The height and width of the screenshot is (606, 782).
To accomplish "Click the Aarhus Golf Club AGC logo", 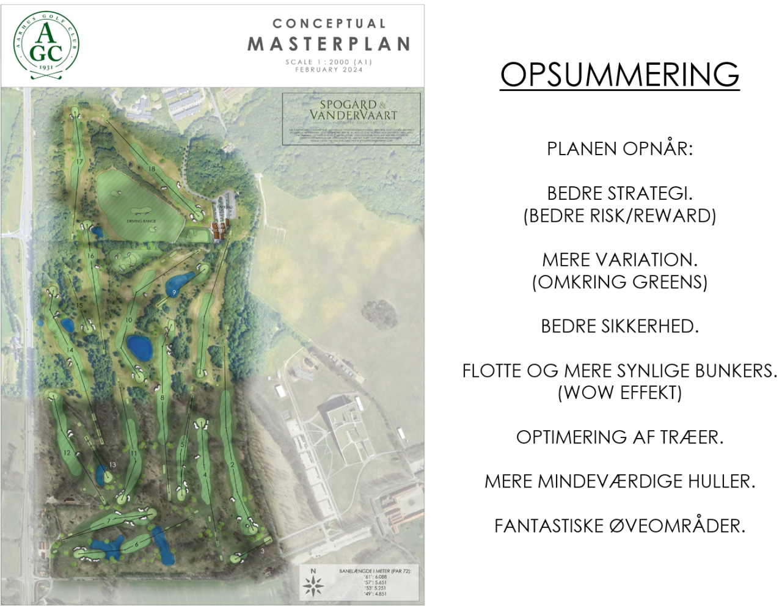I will coord(46,46).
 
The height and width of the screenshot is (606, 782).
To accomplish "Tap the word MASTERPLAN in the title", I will coord(329,44).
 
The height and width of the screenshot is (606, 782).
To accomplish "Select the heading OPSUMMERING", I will coord(619,75).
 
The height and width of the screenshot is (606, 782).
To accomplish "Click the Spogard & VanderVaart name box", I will coord(351,119).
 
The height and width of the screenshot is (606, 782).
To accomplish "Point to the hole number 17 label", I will coord(79,161).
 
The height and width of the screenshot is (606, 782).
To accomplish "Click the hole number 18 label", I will coord(152,169).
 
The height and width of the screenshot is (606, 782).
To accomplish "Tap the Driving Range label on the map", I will coord(141,221).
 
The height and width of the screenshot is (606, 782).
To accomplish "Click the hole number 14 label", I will coord(70,350).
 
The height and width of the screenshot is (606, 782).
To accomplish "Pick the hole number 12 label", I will coord(67,453).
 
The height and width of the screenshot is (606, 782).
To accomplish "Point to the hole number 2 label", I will coord(233,465).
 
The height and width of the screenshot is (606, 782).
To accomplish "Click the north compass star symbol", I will coord(313,585).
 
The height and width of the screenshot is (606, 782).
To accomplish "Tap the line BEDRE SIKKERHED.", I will coord(619,326).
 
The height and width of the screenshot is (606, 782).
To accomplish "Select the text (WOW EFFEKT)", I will coord(619,393).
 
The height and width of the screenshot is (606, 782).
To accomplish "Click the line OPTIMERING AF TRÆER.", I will coord(619,437).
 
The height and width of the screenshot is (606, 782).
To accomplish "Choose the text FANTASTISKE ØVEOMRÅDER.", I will coord(619,526).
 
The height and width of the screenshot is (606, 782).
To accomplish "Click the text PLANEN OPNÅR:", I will coord(619,148).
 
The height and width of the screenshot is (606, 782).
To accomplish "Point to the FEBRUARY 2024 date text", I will coord(329,70).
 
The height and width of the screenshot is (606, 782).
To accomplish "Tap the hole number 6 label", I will coord(137,544).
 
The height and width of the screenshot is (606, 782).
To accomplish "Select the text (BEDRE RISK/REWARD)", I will coord(619,216).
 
